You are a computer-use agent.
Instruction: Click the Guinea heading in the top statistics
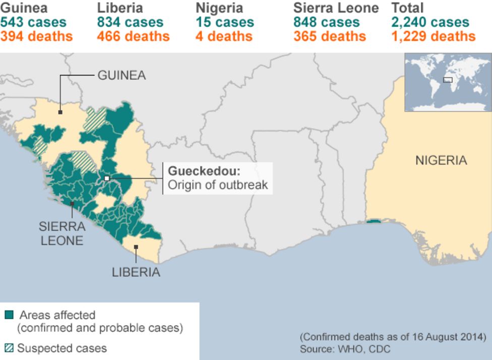[x=24, y=8]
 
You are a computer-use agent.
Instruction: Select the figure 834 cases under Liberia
[x=130, y=22]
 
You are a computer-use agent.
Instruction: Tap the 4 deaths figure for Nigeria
[x=224, y=36]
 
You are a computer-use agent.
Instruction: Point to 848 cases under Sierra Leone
[x=326, y=22]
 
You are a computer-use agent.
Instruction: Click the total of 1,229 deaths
[x=433, y=36]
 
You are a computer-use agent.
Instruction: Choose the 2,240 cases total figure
[x=430, y=22]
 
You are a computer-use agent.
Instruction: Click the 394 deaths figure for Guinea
[x=36, y=36]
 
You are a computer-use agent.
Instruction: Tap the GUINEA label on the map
[x=121, y=76]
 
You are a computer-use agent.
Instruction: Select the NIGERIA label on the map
[x=441, y=160]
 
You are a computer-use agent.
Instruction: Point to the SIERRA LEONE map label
[x=62, y=233]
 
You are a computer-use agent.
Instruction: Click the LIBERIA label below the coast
[x=136, y=272]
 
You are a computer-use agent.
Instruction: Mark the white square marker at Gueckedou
[x=107, y=178]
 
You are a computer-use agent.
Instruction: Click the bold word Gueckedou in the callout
[x=204, y=170]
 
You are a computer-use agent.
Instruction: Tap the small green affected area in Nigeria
[x=374, y=221]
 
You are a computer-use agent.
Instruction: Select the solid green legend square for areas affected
[x=9, y=316]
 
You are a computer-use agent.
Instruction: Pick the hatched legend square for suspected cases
[x=9, y=348]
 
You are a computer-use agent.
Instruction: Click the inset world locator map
[x=448, y=82]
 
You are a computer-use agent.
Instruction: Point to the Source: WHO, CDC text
[x=345, y=349]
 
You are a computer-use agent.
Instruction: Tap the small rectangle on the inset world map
[x=447, y=80]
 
